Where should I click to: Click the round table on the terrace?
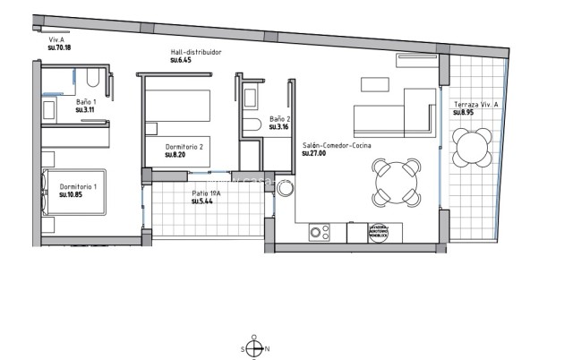(x=471, y=147)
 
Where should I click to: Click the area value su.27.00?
(x=314, y=153)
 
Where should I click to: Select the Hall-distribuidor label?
(x=195, y=53)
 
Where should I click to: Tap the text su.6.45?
(x=182, y=61)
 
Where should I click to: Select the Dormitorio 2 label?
(x=184, y=147)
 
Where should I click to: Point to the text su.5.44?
(x=202, y=201)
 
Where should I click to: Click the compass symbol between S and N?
(x=255, y=348)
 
